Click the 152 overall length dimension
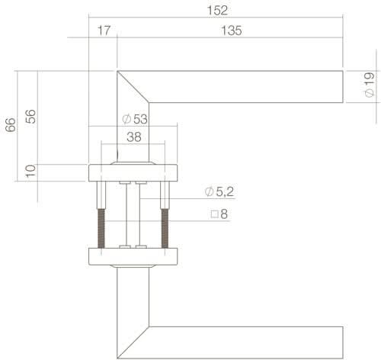click(216, 10)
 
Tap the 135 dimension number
click(231, 31)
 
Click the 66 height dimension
click(10, 126)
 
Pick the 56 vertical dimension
click(30, 117)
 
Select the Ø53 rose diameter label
click(134, 119)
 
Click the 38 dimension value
click(133, 139)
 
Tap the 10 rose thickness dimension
click(30, 171)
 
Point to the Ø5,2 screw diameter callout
click(219, 191)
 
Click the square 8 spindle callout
click(219, 214)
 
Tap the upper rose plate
click(133, 172)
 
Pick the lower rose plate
click(133, 256)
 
